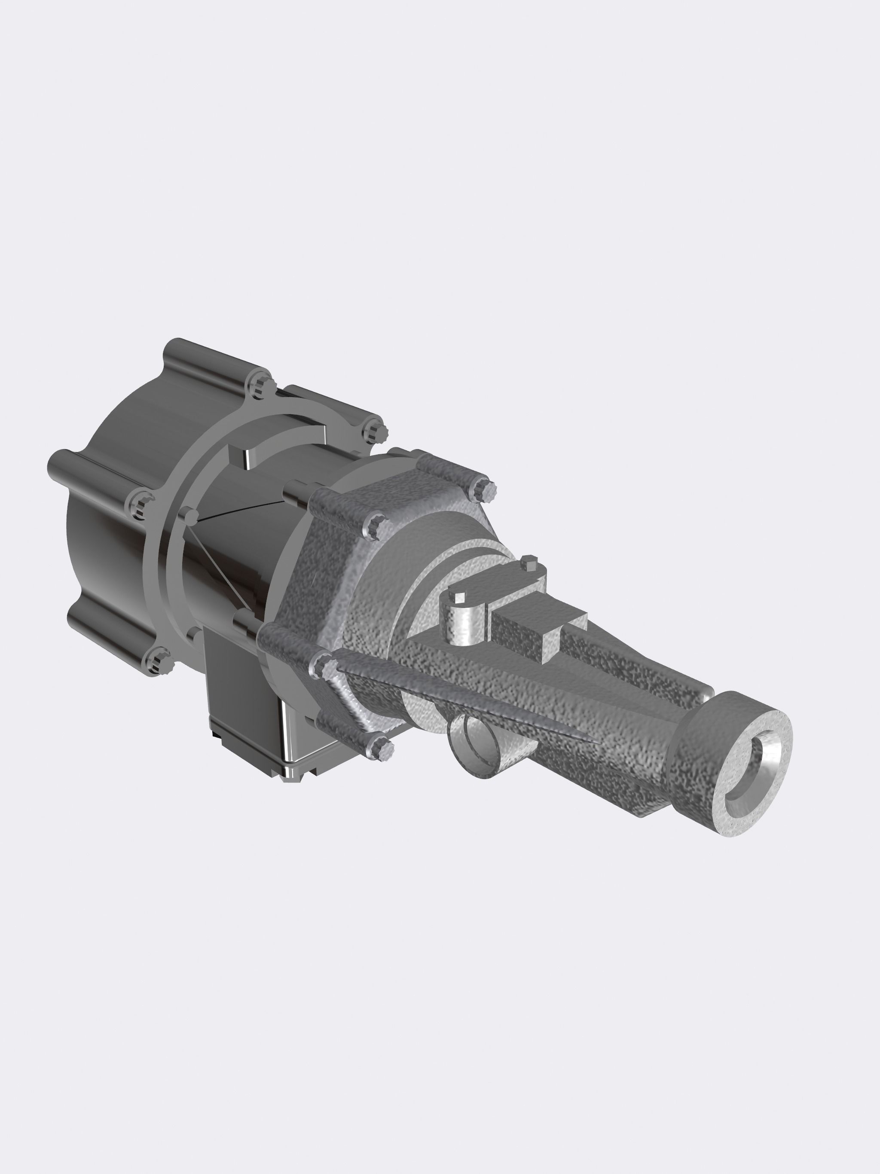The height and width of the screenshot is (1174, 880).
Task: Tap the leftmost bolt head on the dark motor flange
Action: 139,501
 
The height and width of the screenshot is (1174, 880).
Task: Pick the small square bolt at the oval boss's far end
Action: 529,563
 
